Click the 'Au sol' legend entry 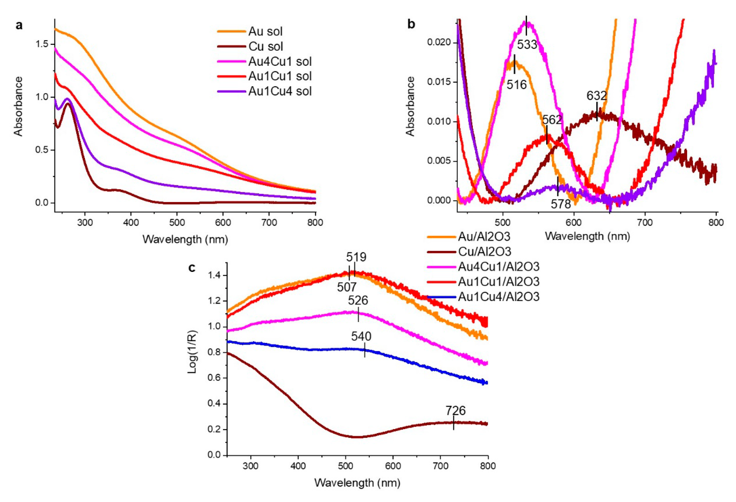tap(265, 31)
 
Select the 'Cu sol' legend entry tap(265, 47)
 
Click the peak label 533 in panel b tap(527, 45)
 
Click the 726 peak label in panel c tap(455, 411)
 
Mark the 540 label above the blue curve tap(361, 336)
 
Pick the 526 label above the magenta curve tap(358, 300)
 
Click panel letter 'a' tap(19, 25)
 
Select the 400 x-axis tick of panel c tap(298, 466)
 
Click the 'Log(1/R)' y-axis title tap(193, 351)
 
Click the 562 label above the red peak tap(552, 120)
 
